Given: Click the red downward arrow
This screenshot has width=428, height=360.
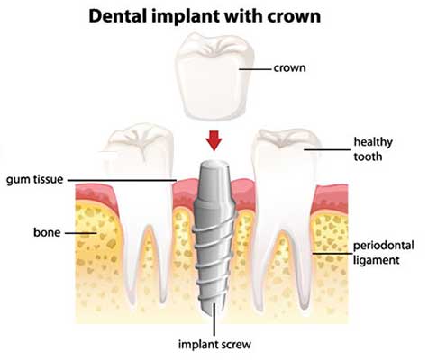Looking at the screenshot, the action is (x=214, y=140).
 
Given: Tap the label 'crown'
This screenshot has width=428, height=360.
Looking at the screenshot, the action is (x=289, y=68).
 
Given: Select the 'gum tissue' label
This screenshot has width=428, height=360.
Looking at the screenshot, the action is (x=35, y=180).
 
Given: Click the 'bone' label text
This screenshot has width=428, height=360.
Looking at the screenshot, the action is (x=47, y=232).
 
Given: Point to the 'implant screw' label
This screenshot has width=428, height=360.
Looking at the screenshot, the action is (x=214, y=344).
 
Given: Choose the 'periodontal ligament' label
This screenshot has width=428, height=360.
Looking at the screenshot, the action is (x=383, y=253).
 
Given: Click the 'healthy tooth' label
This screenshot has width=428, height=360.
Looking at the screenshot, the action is (x=373, y=149).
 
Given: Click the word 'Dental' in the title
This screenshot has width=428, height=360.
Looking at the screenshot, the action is (x=118, y=16).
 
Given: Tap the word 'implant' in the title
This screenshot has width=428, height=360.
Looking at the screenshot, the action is (x=186, y=17).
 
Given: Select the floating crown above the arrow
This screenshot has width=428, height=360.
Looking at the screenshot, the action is (x=214, y=77).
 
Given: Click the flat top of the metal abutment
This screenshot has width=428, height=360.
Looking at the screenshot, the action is (x=214, y=164).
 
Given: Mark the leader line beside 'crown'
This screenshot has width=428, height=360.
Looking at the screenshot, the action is (x=255, y=69).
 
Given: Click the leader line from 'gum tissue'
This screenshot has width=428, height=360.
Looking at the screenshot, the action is (x=122, y=180).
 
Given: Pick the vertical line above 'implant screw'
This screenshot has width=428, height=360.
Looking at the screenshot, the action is (x=214, y=319).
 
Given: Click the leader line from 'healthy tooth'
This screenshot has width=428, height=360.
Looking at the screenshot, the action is (x=327, y=149).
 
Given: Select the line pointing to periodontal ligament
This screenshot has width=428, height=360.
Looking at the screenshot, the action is (x=332, y=254).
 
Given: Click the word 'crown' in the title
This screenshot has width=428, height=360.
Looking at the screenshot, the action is (x=294, y=17).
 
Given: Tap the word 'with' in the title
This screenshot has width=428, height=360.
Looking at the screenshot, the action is (x=243, y=16).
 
